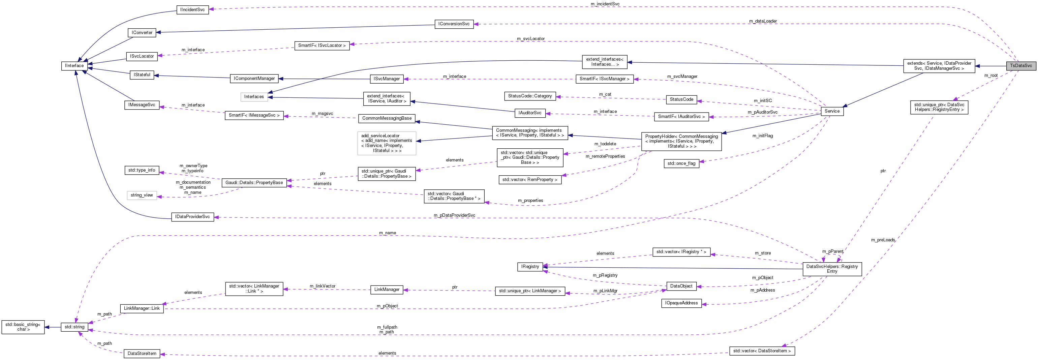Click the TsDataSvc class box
point(1021,66)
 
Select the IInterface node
point(74,66)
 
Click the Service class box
point(832,111)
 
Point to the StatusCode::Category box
point(529,96)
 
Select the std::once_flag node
point(681,163)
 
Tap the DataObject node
point(681,286)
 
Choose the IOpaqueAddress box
point(681,303)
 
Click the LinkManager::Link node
point(142,308)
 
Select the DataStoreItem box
point(142,354)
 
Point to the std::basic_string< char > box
point(23,327)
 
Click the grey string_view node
point(142,195)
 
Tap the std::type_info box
point(142,170)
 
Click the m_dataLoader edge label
point(763,21)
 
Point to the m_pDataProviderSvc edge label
point(454,215)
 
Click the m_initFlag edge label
point(762,136)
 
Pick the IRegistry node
point(529,267)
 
